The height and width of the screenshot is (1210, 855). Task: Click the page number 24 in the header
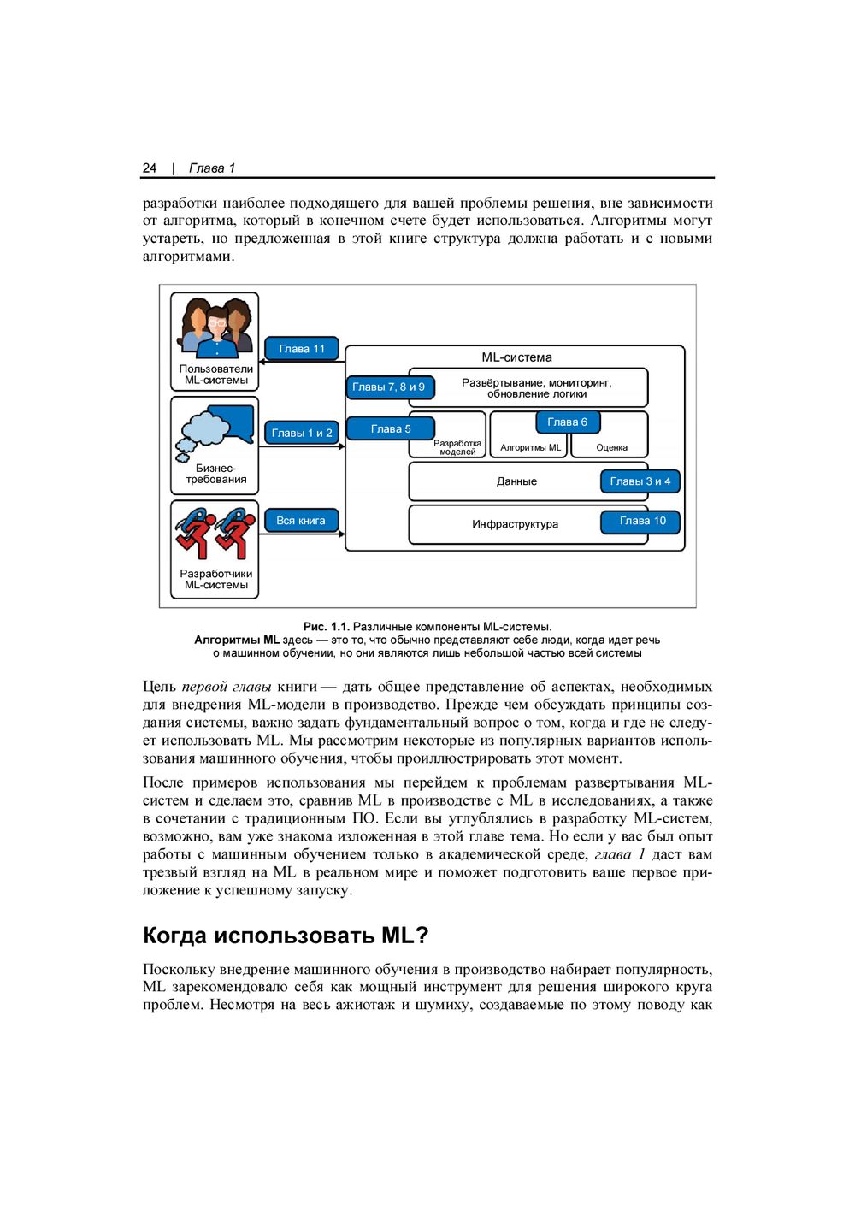[150, 168]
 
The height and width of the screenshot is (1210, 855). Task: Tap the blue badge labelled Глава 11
[302, 349]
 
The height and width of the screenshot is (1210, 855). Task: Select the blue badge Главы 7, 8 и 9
[389, 387]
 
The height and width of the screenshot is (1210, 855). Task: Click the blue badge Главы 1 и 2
[302, 433]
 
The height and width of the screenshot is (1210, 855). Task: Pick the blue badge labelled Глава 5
[391, 428]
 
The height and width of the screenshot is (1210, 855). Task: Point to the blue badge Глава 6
[568, 422]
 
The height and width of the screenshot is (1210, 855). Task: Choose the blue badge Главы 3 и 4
[640, 481]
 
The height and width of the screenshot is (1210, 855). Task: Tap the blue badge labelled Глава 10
[642, 521]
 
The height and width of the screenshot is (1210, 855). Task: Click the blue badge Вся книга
[301, 521]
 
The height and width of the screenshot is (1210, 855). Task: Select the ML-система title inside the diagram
[516, 357]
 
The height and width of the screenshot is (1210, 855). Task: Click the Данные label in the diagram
[516, 481]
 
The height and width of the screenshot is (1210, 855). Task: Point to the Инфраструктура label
[515, 524]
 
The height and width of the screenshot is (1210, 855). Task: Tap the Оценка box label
[611, 447]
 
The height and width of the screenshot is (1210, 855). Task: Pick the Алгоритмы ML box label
[530, 447]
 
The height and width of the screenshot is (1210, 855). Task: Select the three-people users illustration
[216, 328]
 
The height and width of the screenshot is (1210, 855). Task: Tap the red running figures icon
[215, 532]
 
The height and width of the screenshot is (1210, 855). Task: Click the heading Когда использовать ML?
[286, 936]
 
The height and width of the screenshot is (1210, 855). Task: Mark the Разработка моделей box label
[457, 447]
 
